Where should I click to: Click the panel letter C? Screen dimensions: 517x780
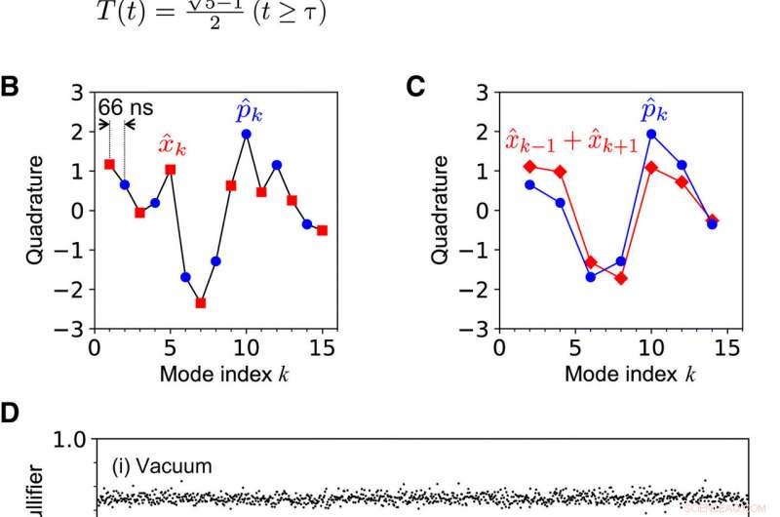click(x=415, y=88)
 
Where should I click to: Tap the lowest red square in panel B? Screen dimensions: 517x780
click(x=200, y=303)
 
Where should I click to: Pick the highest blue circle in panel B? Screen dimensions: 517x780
click(x=246, y=134)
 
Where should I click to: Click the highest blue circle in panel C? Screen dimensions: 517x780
click(x=651, y=134)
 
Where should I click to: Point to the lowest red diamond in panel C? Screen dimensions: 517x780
click(x=621, y=279)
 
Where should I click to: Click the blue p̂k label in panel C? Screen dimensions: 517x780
click(x=654, y=111)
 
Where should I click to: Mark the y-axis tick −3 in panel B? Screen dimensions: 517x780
click(x=74, y=330)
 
